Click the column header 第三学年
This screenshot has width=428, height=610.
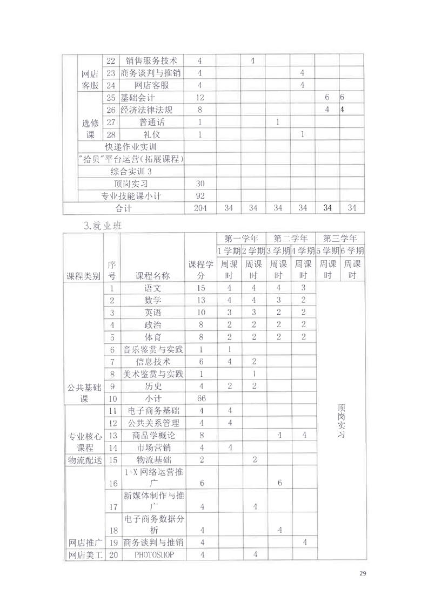coord(340,239)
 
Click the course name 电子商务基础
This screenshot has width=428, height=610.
coord(152,411)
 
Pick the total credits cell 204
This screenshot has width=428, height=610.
coord(200,208)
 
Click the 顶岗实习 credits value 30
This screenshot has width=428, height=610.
coord(200,184)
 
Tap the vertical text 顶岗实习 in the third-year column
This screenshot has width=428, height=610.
coord(340,421)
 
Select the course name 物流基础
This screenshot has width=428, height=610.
coord(152,460)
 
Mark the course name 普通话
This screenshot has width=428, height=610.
coord(152,122)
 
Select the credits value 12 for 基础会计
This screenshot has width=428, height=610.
coord(200,98)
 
